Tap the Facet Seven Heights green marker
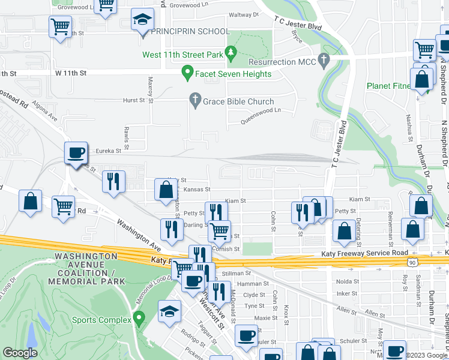187,74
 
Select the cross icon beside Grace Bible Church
194,101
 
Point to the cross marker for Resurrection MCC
324,61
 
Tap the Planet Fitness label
390,86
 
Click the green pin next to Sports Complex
139,317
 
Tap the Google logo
20,353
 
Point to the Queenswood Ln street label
261,110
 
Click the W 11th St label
71,73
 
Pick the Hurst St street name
134,101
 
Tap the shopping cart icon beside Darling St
220,230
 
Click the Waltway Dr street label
244,14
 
